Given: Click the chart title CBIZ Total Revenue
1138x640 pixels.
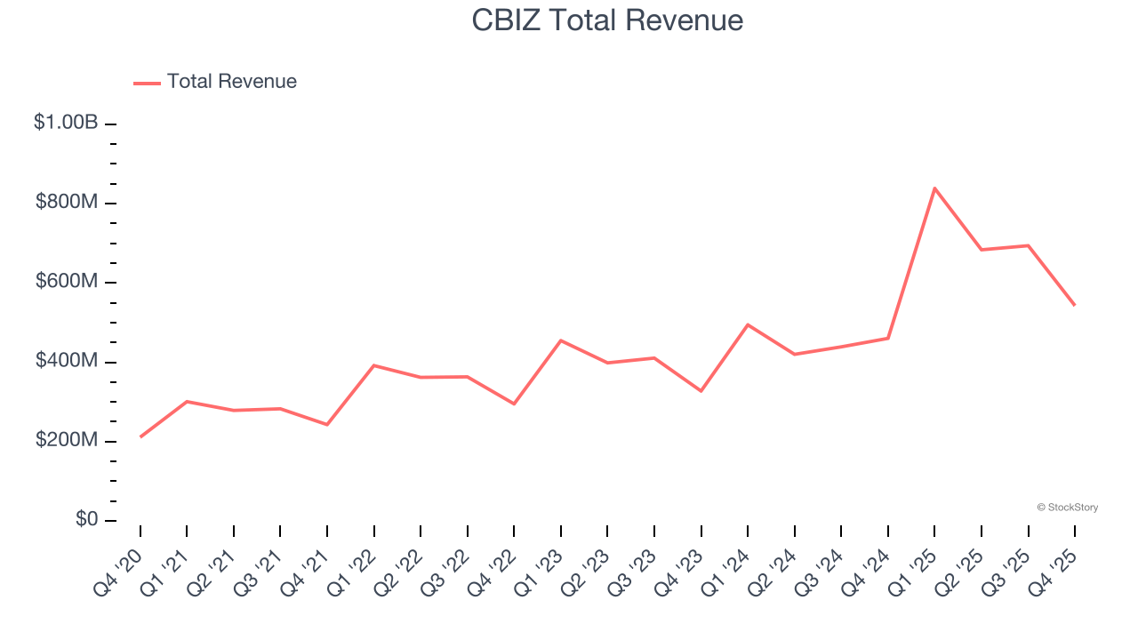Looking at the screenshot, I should click(x=607, y=20).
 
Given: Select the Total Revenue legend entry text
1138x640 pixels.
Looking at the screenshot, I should click(x=231, y=82).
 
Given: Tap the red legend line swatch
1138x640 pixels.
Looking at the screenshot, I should click(x=147, y=83).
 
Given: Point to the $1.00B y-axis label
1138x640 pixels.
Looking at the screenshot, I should click(x=66, y=123).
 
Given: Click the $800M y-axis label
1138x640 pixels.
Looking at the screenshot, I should click(x=67, y=203).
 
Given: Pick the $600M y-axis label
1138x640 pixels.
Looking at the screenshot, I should click(x=67, y=282).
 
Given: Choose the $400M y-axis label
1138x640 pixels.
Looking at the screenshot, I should click(x=67, y=362).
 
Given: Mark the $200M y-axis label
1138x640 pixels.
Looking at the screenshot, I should click(x=67, y=441).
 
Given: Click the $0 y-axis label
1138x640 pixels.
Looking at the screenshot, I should click(x=85, y=520).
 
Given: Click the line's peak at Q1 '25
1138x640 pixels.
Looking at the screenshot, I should click(x=934, y=188).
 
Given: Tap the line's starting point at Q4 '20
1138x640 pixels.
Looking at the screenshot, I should click(x=140, y=436).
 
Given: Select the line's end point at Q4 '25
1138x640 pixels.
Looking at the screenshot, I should click(x=1075, y=305).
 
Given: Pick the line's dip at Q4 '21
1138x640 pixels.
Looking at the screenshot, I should click(x=327, y=424).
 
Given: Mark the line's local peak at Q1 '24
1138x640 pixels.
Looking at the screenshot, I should click(x=748, y=324).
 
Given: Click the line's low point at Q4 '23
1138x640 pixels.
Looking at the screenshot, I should click(x=701, y=391).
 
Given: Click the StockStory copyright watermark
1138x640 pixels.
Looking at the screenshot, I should click(x=1067, y=508).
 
